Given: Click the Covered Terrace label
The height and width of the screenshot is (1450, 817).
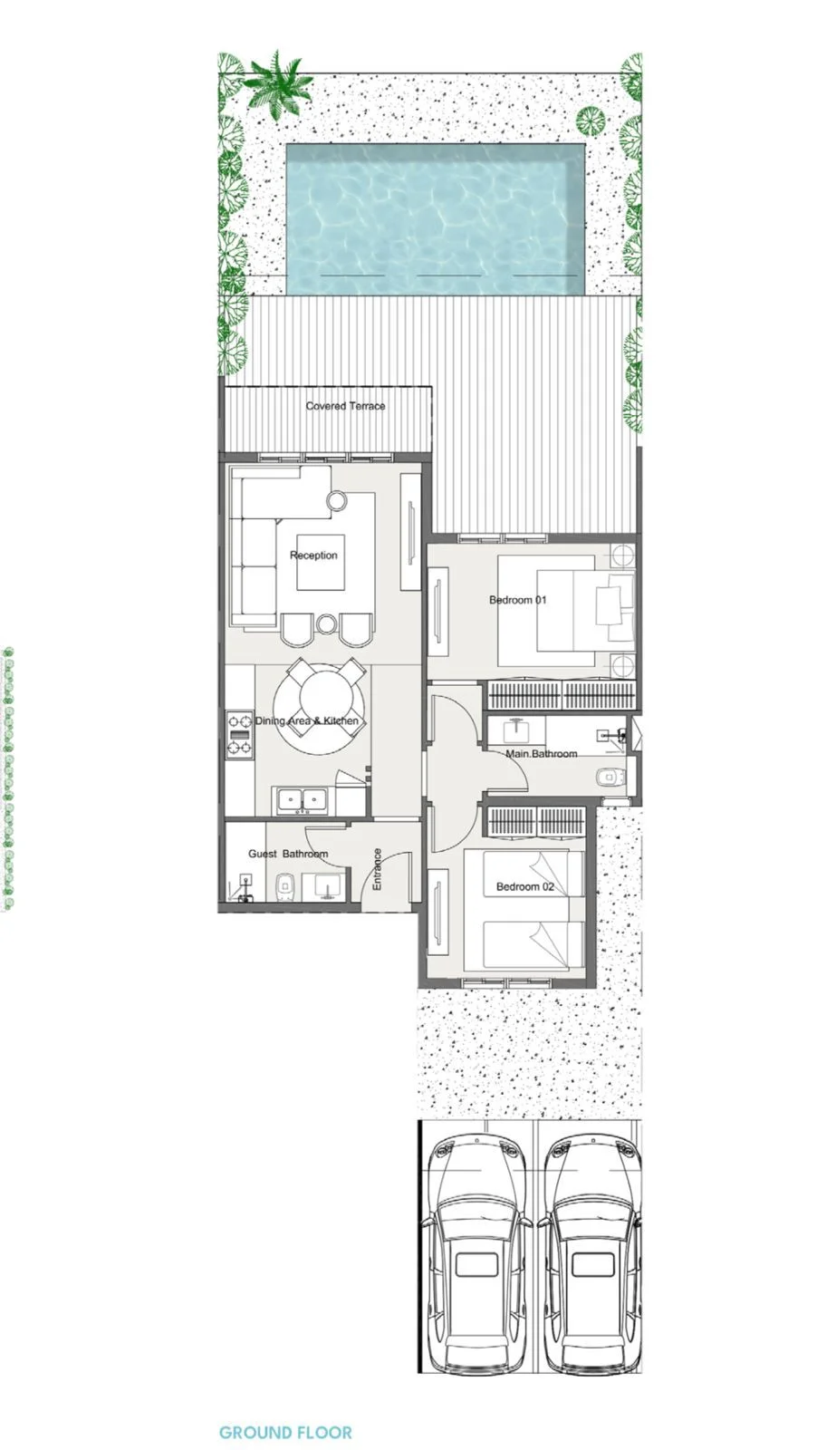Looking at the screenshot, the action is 345,406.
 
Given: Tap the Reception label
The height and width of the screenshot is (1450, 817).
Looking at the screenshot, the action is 313,555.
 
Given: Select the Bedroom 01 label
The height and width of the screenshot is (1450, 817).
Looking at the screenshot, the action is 517,599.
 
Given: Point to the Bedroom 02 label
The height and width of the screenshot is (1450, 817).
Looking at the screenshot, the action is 524,886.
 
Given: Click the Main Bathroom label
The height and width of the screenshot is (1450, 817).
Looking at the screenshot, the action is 542,753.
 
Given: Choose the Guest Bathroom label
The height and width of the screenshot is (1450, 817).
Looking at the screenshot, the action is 288,853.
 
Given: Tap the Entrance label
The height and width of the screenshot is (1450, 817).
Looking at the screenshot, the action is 377,869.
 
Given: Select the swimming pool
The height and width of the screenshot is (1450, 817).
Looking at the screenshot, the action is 436,218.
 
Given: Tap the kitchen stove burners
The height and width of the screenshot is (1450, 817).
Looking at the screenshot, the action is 239,734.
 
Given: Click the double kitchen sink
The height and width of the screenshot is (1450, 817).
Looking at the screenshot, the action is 302,800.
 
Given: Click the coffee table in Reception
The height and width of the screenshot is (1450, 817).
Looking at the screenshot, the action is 321,562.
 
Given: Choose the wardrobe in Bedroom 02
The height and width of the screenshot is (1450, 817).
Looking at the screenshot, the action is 536,822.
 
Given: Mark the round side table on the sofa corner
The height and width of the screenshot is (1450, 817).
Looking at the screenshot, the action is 336,499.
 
